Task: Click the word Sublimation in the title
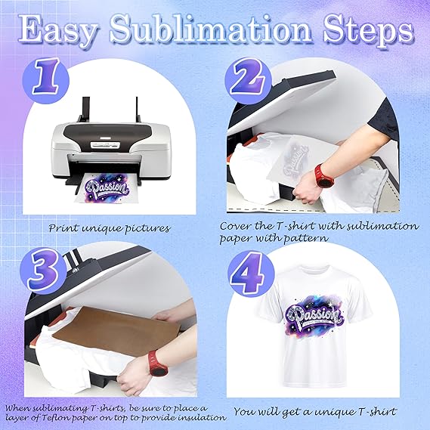click(x=211, y=32)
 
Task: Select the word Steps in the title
click(x=368, y=32)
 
